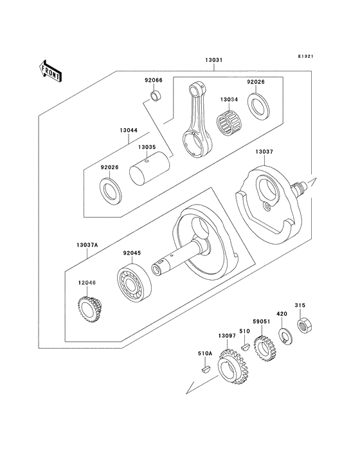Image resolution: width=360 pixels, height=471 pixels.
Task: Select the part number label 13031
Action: pos(214,60)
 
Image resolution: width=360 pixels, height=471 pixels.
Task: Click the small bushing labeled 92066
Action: pos(155,97)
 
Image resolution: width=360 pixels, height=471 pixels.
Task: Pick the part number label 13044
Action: pos(128,130)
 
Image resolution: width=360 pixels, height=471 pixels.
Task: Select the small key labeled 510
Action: pos(245,346)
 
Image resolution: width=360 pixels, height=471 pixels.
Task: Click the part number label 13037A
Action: pos(86,245)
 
